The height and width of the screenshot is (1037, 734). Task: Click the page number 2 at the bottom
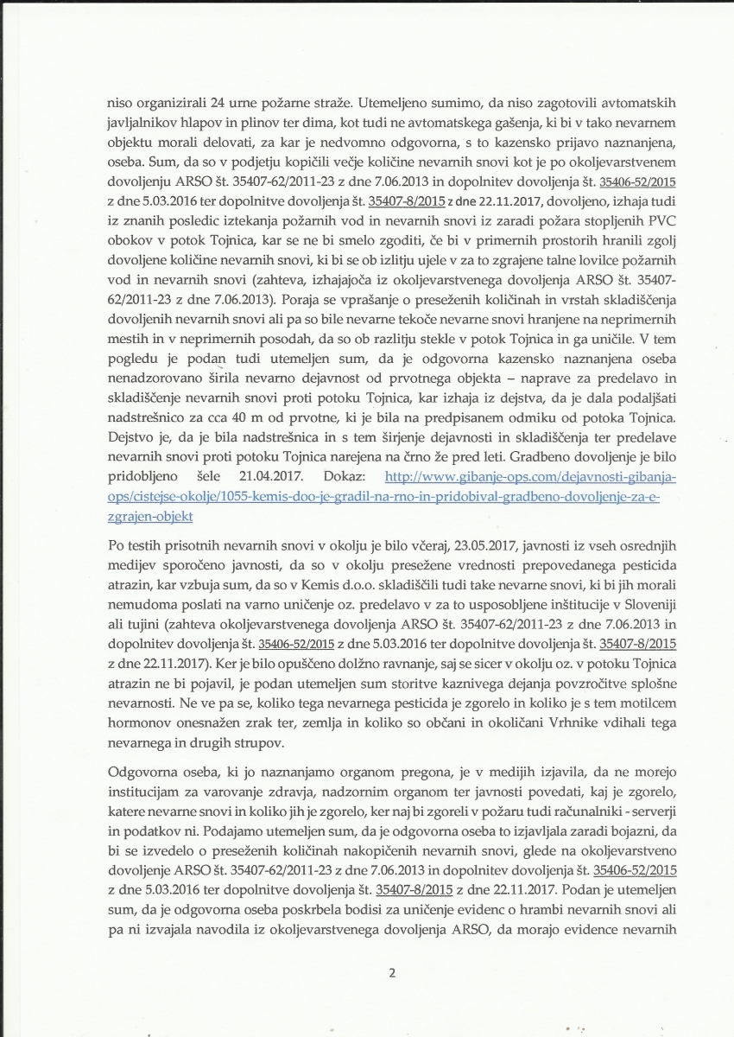(x=392, y=972)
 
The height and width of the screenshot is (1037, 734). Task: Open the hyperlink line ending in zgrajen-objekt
(x=149, y=515)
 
